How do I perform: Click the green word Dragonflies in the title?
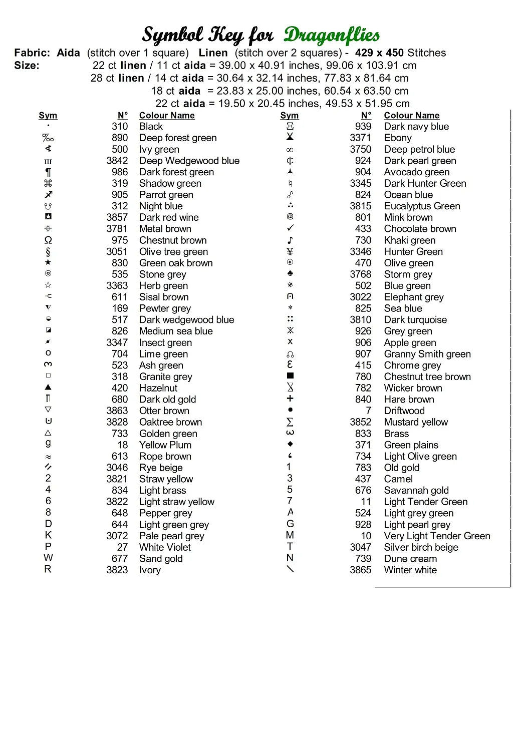coord(332,35)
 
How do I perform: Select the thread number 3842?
coord(117,161)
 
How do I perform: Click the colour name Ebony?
coord(398,138)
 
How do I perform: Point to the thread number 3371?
coord(360,138)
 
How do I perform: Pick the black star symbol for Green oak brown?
coord(48,262)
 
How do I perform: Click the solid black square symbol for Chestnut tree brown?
coord(290,375)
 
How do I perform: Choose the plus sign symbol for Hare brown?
coord(290,399)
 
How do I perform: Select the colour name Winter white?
coord(410,570)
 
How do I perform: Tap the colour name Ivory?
coord(150,570)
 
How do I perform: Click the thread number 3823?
coord(117,570)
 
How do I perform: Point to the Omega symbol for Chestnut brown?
coord(48,240)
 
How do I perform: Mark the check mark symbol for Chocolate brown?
coord(290,228)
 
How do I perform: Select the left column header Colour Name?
coord(167,116)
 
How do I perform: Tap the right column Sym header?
coord(290,116)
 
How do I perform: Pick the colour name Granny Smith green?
coord(427,354)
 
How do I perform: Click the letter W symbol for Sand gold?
coord(48,558)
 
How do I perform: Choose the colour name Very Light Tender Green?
coord(437,536)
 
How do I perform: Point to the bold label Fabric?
coord(32,53)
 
